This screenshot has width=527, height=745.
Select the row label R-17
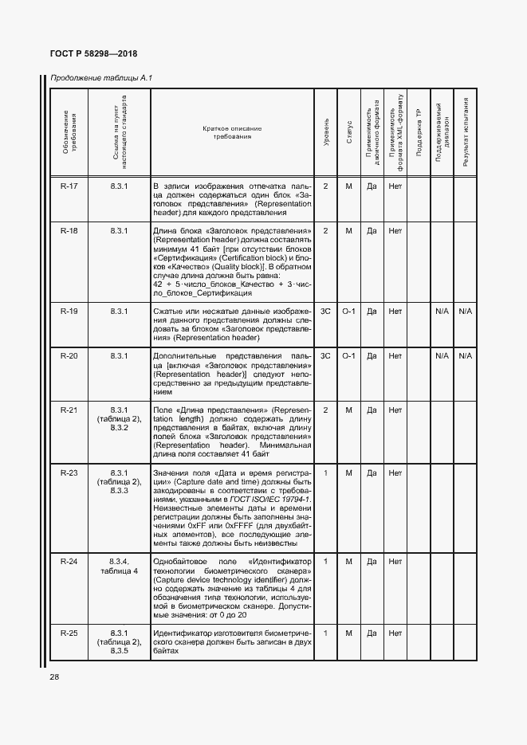[69, 186]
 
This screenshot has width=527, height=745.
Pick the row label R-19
[69, 311]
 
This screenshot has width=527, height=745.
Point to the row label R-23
[69, 472]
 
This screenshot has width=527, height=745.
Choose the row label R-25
[69, 633]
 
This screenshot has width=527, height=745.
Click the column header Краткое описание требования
[232, 132]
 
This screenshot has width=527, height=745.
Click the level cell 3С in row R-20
[326, 355]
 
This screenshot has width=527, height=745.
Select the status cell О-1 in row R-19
[349, 311]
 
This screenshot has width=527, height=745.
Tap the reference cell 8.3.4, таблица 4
[120, 567]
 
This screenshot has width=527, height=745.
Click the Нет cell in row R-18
[395, 231]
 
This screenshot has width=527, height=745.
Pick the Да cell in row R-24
[372, 562]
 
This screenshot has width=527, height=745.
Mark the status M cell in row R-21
[349, 410]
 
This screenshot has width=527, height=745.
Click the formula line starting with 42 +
[232, 284]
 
